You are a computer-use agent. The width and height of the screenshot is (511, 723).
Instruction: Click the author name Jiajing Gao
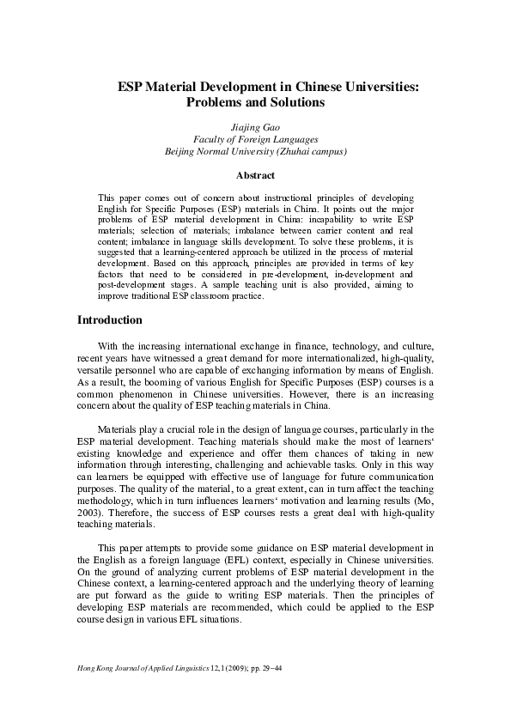click(255, 125)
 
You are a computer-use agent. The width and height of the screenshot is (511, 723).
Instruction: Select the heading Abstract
click(255, 175)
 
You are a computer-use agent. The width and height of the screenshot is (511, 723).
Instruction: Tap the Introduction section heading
click(110, 320)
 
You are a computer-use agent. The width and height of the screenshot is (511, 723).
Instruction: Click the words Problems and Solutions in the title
click(255, 102)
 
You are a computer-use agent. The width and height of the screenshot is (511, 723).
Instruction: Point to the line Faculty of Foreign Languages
click(255, 138)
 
